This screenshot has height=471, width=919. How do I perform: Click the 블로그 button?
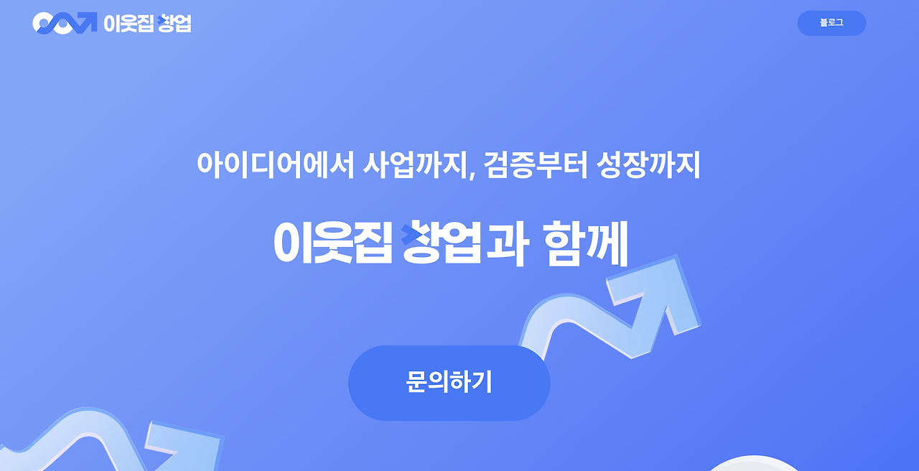pyautogui.click(x=831, y=23)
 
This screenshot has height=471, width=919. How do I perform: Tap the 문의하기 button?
pyautogui.click(x=449, y=383)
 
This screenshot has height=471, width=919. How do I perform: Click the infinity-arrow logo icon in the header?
pyautogui.click(x=64, y=23)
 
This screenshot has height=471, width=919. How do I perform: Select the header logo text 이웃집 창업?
pyautogui.click(x=147, y=24)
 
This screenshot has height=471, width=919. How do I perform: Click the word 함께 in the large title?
pyautogui.click(x=585, y=243)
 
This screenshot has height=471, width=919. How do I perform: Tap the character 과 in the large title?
pyautogui.click(x=507, y=243)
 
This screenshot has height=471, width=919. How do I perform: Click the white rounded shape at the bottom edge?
pyautogui.click(x=750, y=465)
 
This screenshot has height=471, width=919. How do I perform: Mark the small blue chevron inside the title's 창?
pyautogui.click(x=410, y=233)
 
